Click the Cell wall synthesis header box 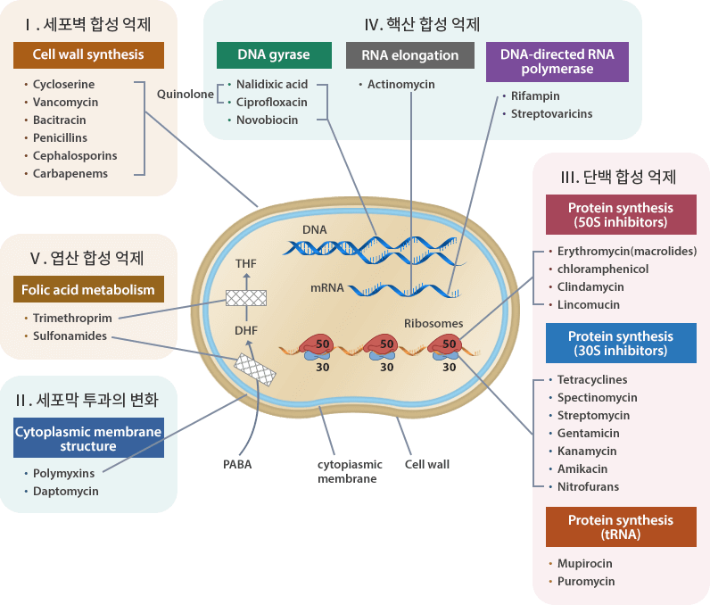coord(88,54)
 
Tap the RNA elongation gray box coord(410,55)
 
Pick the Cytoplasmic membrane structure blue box coord(88,437)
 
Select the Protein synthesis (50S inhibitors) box coord(621,214)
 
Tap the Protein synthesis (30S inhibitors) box coord(621,344)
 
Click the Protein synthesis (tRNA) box coord(621,526)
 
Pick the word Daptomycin coord(65,491)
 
